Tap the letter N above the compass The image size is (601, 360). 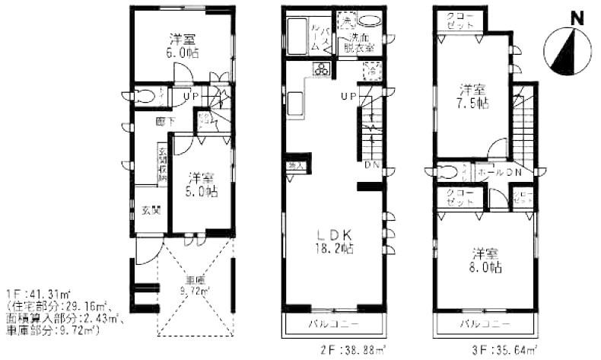(577, 18)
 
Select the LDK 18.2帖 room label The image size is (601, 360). (335, 240)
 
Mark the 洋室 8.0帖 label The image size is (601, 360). (485, 259)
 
